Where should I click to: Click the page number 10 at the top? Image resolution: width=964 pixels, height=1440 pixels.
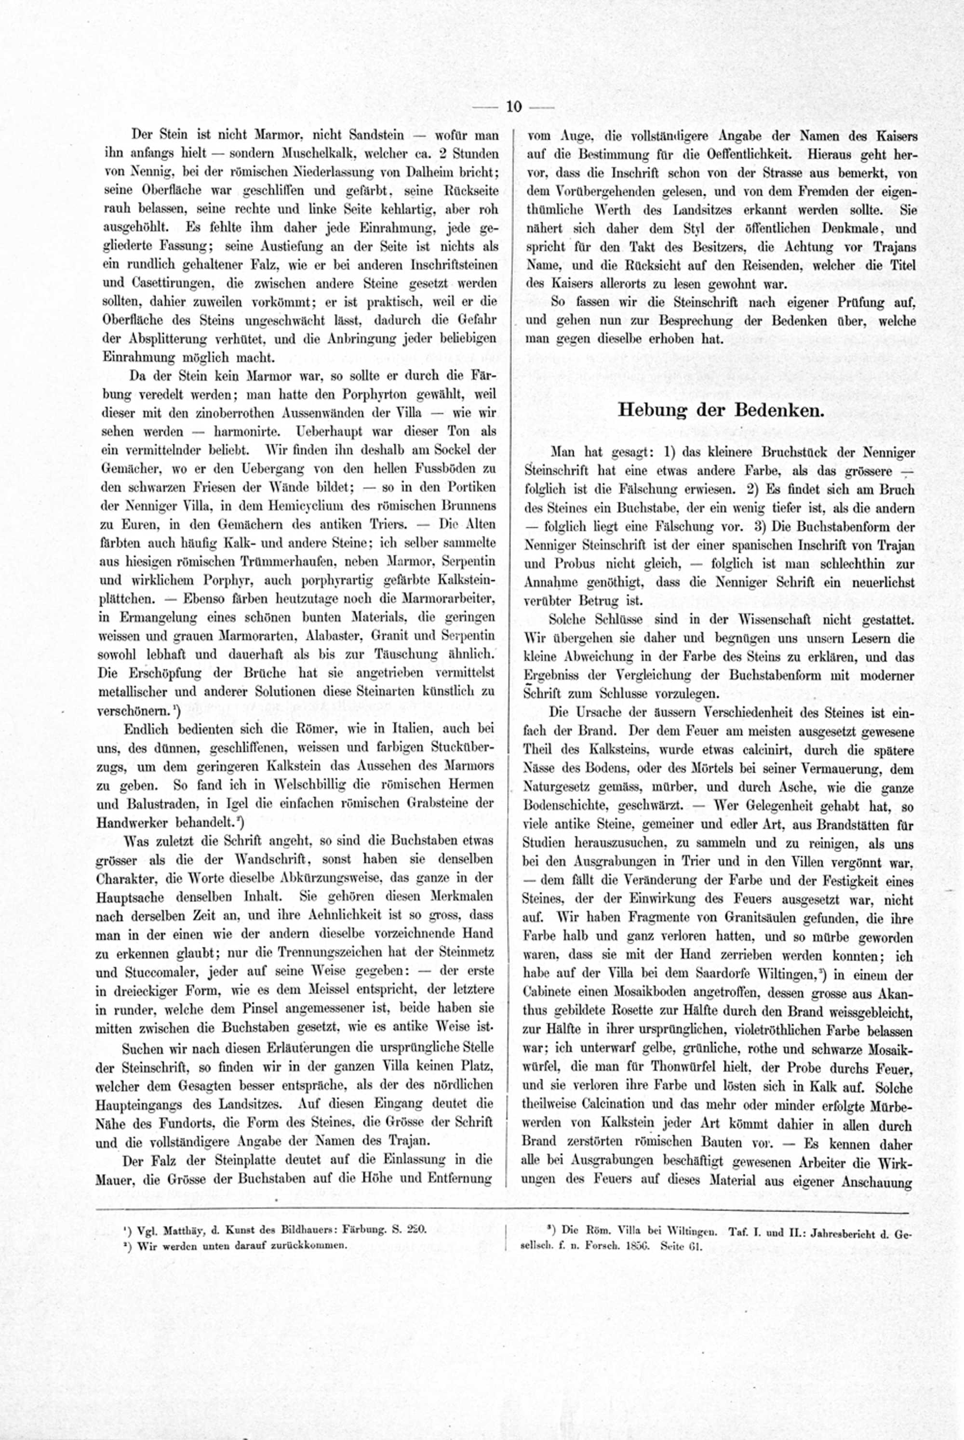pyautogui.click(x=513, y=107)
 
